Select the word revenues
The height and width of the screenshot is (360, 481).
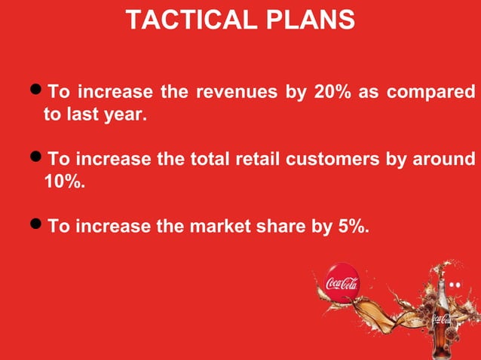(x=236, y=93)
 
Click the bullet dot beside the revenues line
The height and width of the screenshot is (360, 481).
(x=37, y=93)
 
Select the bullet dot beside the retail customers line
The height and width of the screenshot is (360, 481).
(x=37, y=159)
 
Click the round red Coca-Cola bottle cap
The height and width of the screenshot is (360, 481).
(x=342, y=282)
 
